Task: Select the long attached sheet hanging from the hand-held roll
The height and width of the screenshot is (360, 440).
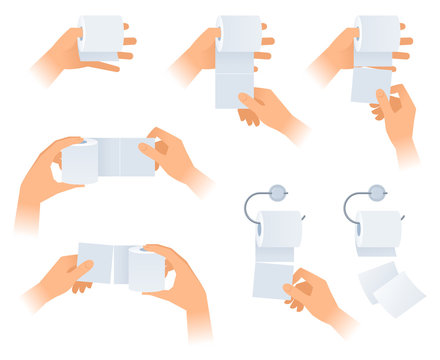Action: pyautogui.click(x=234, y=88)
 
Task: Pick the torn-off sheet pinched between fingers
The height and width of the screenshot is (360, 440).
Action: pyautogui.click(x=370, y=84)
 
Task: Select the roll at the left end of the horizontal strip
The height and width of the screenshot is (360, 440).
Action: pyautogui.click(x=80, y=162)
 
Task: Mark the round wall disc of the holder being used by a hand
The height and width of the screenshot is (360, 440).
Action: pyautogui.click(x=278, y=192)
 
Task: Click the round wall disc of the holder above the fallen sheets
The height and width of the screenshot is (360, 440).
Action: pyautogui.click(x=377, y=192)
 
